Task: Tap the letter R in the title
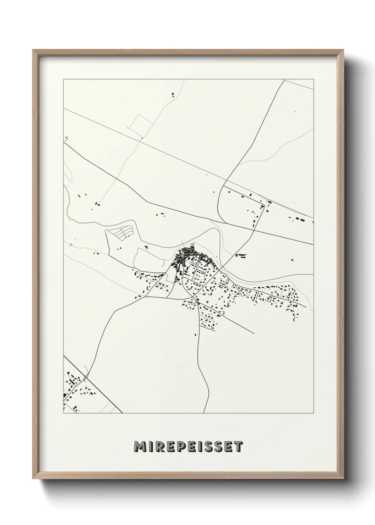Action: point(161,447)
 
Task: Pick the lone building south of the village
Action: point(196,334)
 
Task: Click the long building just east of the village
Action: point(241,255)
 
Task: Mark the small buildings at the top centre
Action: point(173,94)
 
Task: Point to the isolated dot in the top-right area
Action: point(294,112)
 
